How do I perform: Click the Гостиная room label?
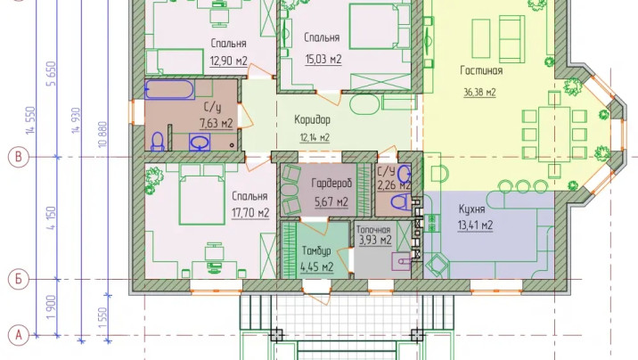[x=481, y=70]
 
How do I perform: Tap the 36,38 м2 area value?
[x=479, y=93]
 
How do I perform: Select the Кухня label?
[x=471, y=209]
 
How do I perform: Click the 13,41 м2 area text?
[x=475, y=225]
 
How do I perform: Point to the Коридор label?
[x=312, y=120]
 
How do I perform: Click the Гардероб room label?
[x=331, y=184]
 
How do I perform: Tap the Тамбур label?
[x=316, y=251]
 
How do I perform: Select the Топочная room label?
[x=373, y=230]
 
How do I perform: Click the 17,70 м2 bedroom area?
[x=250, y=213]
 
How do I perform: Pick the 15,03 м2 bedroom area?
[x=323, y=60]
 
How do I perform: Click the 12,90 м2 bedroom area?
[x=229, y=61]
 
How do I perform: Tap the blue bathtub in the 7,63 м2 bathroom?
[x=169, y=89]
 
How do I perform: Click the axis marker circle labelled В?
[x=19, y=157]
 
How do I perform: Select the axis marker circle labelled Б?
[x=19, y=280]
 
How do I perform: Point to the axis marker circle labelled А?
[x=19, y=335]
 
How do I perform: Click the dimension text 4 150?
[x=52, y=218]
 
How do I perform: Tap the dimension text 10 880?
[x=102, y=135]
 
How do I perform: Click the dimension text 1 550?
[x=102, y=318]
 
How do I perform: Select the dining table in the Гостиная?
[x=554, y=134]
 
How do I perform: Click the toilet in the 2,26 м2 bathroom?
[x=401, y=202]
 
